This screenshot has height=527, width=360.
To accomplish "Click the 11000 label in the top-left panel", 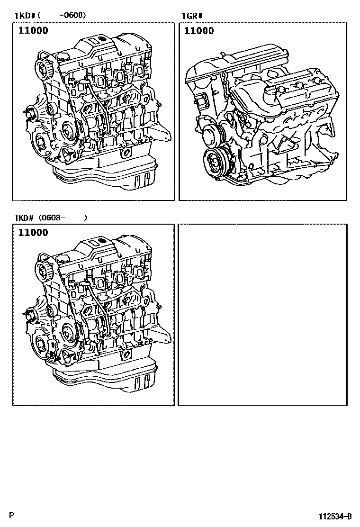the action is (x=33, y=31).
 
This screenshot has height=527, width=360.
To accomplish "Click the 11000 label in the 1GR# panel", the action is (x=199, y=31).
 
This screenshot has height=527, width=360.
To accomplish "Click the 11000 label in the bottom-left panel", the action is (x=33, y=233).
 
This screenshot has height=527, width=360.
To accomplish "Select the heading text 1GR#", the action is (x=192, y=16).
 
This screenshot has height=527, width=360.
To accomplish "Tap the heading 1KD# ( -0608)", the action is (x=50, y=16).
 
